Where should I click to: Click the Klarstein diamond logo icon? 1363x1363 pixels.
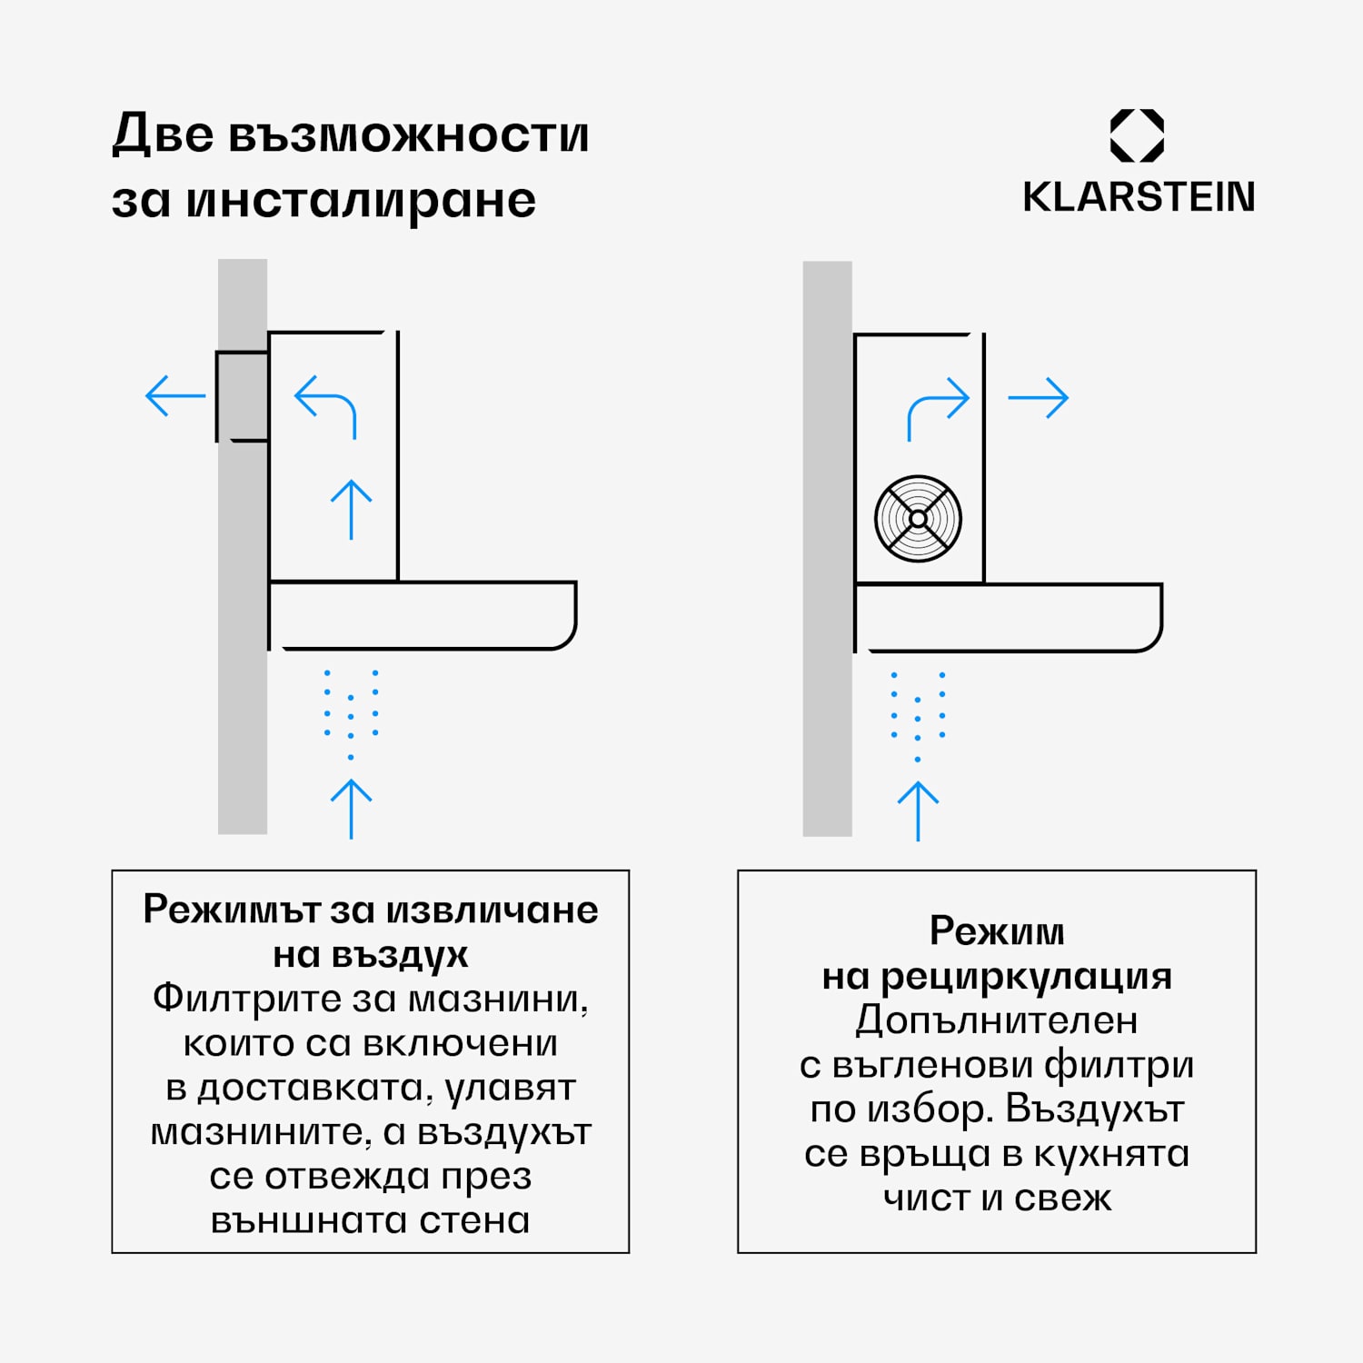(x=1137, y=136)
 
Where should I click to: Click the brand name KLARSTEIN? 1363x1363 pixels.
(x=1139, y=197)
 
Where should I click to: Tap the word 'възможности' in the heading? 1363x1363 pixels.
(x=408, y=135)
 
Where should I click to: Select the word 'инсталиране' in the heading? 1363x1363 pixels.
(x=361, y=201)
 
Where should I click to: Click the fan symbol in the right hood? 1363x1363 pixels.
(x=918, y=519)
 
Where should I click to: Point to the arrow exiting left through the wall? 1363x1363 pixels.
(x=175, y=396)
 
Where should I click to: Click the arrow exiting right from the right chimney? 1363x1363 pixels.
(x=1039, y=398)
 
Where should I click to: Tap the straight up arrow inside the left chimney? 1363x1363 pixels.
(x=352, y=509)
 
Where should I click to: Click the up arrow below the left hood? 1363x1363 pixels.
(x=352, y=808)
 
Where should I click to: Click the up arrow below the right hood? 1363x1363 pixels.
(x=918, y=811)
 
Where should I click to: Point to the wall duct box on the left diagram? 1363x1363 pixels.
(x=242, y=396)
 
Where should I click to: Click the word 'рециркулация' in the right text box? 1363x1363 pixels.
(x=1026, y=977)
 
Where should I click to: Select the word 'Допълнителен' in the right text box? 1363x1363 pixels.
(x=996, y=1020)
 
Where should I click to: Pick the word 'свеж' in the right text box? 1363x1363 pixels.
(x=1062, y=1199)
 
